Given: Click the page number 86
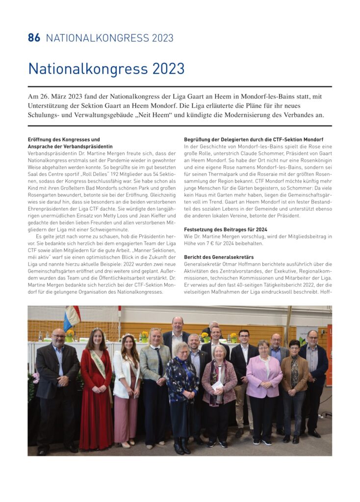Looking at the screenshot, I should point(34,38).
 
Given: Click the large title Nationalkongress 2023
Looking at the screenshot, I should point(106,69).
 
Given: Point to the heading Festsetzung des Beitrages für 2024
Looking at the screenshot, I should point(226,229).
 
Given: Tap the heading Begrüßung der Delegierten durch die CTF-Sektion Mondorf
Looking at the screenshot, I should point(254,140).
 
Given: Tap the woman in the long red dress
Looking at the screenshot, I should point(96,392).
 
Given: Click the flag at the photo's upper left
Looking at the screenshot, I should point(72,318).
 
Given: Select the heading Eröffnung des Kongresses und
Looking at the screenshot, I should point(64,140).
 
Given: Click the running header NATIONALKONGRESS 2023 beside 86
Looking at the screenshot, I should point(109,38).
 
